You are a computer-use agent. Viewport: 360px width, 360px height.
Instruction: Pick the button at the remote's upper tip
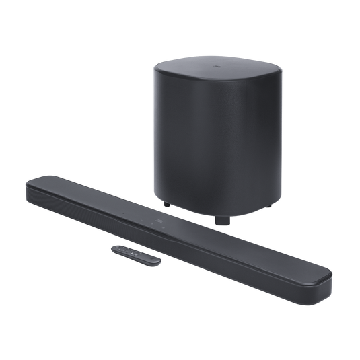(x=116, y=249)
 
